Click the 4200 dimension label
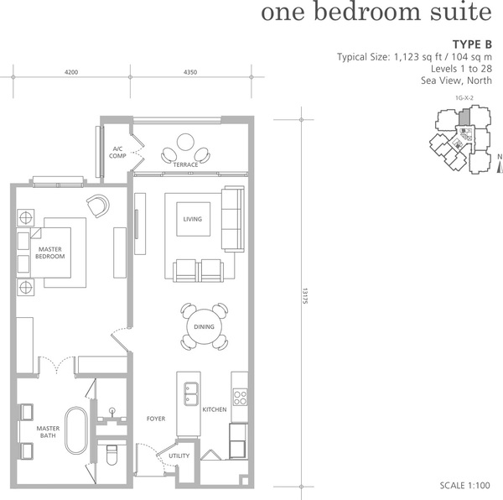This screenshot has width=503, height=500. coord(71,72)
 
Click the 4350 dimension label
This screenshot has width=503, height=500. coord(190,72)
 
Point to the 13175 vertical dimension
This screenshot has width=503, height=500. coord(305,296)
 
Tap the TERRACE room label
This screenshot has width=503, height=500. coord(185,164)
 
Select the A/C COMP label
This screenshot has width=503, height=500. coord(117,153)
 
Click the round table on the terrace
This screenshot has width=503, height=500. coord(185,142)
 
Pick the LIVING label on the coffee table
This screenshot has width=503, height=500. coord(193,219)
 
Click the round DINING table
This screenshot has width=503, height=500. coord(204,326)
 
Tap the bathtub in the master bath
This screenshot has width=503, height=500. coord(76,430)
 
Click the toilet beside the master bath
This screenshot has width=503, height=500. coord(111,455)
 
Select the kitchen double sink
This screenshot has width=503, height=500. coord(190,393)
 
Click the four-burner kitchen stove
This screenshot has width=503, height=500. coord(240,397)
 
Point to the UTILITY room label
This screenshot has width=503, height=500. coord(179,456)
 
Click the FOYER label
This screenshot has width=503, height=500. coord(156,419)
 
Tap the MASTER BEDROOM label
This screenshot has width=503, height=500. coord(50,253)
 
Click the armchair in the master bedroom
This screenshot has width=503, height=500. coord(98,206)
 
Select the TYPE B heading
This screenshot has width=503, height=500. coord(472,44)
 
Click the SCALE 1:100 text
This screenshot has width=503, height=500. coord(464,485)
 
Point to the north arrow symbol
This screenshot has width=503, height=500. coord(500,168)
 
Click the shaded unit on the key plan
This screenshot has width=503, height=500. coord(464,117)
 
